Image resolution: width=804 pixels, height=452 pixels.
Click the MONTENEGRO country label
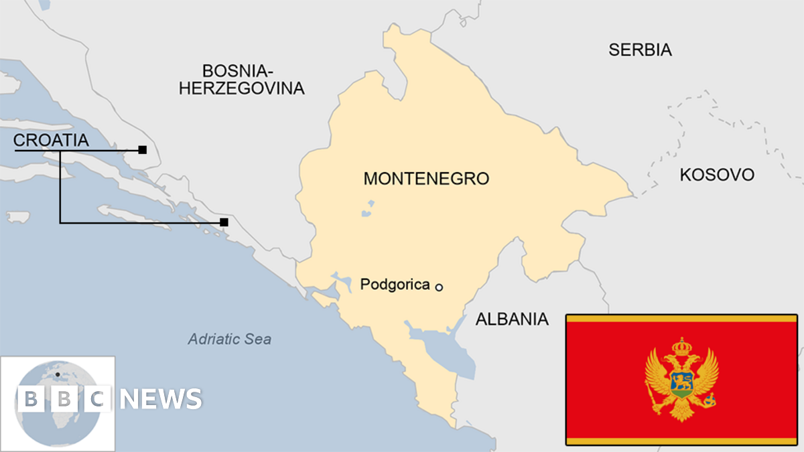pos(426,179)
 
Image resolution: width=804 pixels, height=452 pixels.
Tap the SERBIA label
pos(640,49)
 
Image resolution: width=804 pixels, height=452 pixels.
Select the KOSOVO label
pos(716,175)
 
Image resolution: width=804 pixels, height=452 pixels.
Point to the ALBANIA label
pos(512,319)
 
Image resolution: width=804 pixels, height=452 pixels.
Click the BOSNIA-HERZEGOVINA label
pos(241,79)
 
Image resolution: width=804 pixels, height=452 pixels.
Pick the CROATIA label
pos(51,140)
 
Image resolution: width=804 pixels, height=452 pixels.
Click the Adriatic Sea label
pos(230,339)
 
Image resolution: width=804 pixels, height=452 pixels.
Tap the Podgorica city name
pos(395,285)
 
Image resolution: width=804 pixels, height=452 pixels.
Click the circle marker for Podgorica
pos(439,287)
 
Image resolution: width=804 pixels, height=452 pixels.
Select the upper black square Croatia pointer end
pos(142,150)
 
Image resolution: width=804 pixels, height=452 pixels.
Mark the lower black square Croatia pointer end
pos(224,222)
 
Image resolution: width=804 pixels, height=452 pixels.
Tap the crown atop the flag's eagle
pos(681,346)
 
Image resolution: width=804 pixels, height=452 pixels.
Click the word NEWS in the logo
pos(161,399)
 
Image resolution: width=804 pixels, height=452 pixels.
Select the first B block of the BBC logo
pos(31,399)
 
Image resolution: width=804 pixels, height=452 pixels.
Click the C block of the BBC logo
pos(98,399)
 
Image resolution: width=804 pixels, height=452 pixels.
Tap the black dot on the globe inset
pos(58,374)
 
